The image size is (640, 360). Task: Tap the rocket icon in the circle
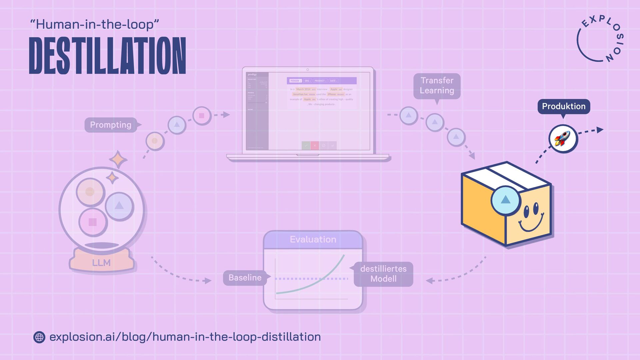pos(563,139)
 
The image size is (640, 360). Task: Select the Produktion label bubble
pos(564,106)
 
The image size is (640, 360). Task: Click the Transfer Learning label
pos(437,86)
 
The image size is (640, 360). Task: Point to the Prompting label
pos(111,125)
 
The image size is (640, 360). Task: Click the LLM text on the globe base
pos(101,263)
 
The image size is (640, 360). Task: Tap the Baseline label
pos(245,277)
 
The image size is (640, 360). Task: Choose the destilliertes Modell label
pos(383,274)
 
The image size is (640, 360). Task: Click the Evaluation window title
pos(313,239)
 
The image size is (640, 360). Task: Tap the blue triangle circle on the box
pos(505,200)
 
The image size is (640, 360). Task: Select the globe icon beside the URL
pos(39,337)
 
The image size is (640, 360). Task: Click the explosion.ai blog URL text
pos(185,337)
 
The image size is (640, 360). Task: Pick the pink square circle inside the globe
pos(93,222)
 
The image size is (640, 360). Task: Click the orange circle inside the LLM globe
pos(90,192)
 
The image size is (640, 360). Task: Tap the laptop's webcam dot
pos(308,70)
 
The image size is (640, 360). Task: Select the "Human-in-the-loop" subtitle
pos(94,24)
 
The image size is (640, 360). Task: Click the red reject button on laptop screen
pos(315,145)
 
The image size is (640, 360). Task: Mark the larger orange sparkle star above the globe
pos(118,159)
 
